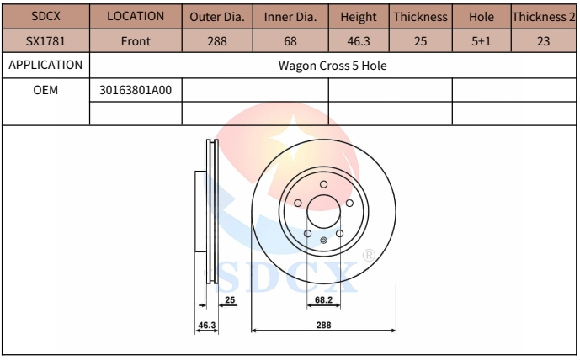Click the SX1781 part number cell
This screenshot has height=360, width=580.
(x=45, y=40)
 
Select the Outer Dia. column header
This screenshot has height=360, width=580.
(x=217, y=17)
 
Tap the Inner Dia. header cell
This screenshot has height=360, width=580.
(x=290, y=17)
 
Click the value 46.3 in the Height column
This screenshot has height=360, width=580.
(x=359, y=40)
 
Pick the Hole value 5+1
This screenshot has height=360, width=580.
(x=481, y=40)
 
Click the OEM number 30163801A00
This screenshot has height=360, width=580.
(x=135, y=89)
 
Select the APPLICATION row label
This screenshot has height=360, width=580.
(x=45, y=65)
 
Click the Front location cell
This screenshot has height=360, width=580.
(x=135, y=40)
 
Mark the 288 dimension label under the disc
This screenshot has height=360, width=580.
(x=324, y=325)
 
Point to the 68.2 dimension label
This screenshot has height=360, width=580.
(x=324, y=299)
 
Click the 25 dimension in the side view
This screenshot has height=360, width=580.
(x=230, y=299)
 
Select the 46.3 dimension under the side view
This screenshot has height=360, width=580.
(x=207, y=325)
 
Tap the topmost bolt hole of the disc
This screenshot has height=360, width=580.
(x=324, y=185)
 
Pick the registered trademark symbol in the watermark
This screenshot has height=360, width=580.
(x=369, y=255)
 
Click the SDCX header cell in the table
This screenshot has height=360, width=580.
(x=45, y=17)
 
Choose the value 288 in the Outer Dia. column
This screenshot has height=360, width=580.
(x=217, y=40)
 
